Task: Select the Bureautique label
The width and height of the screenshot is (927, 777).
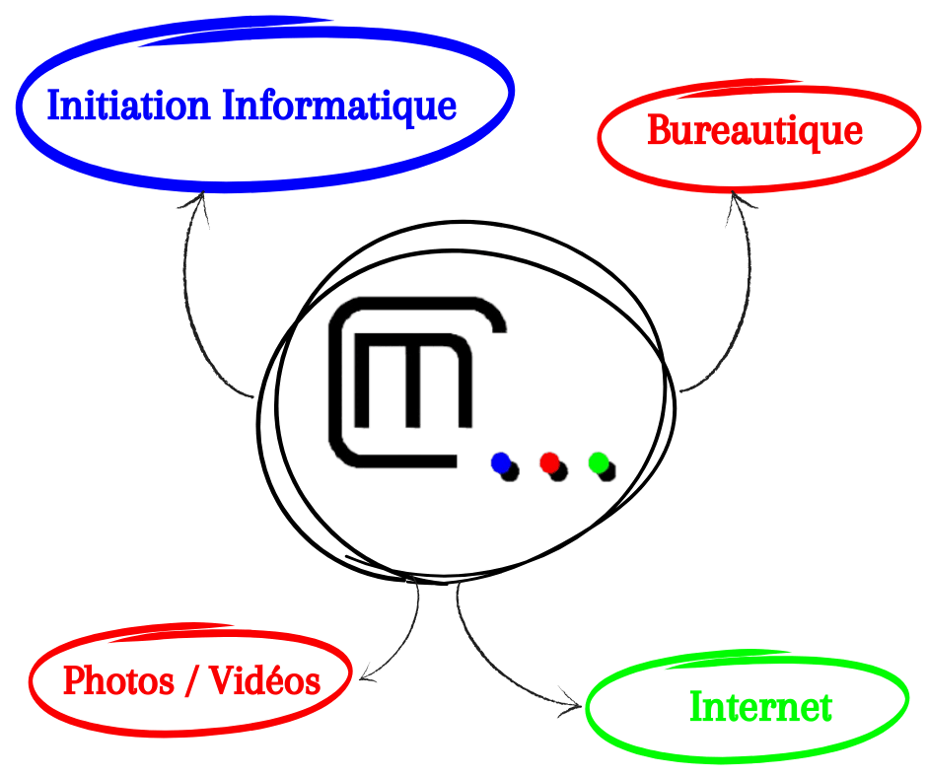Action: click(x=754, y=130)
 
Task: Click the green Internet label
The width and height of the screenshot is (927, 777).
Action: click(x=760, y=706)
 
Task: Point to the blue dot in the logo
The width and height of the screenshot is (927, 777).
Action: click(x=501, y=461)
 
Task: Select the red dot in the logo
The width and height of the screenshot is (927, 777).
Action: click(x=549, y=461)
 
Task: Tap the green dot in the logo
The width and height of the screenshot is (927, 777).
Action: click(x=598, y=461)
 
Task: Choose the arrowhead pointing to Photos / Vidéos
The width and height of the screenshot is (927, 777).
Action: click(x=366, y=673)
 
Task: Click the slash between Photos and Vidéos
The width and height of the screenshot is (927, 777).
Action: click(x=191, y=680)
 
